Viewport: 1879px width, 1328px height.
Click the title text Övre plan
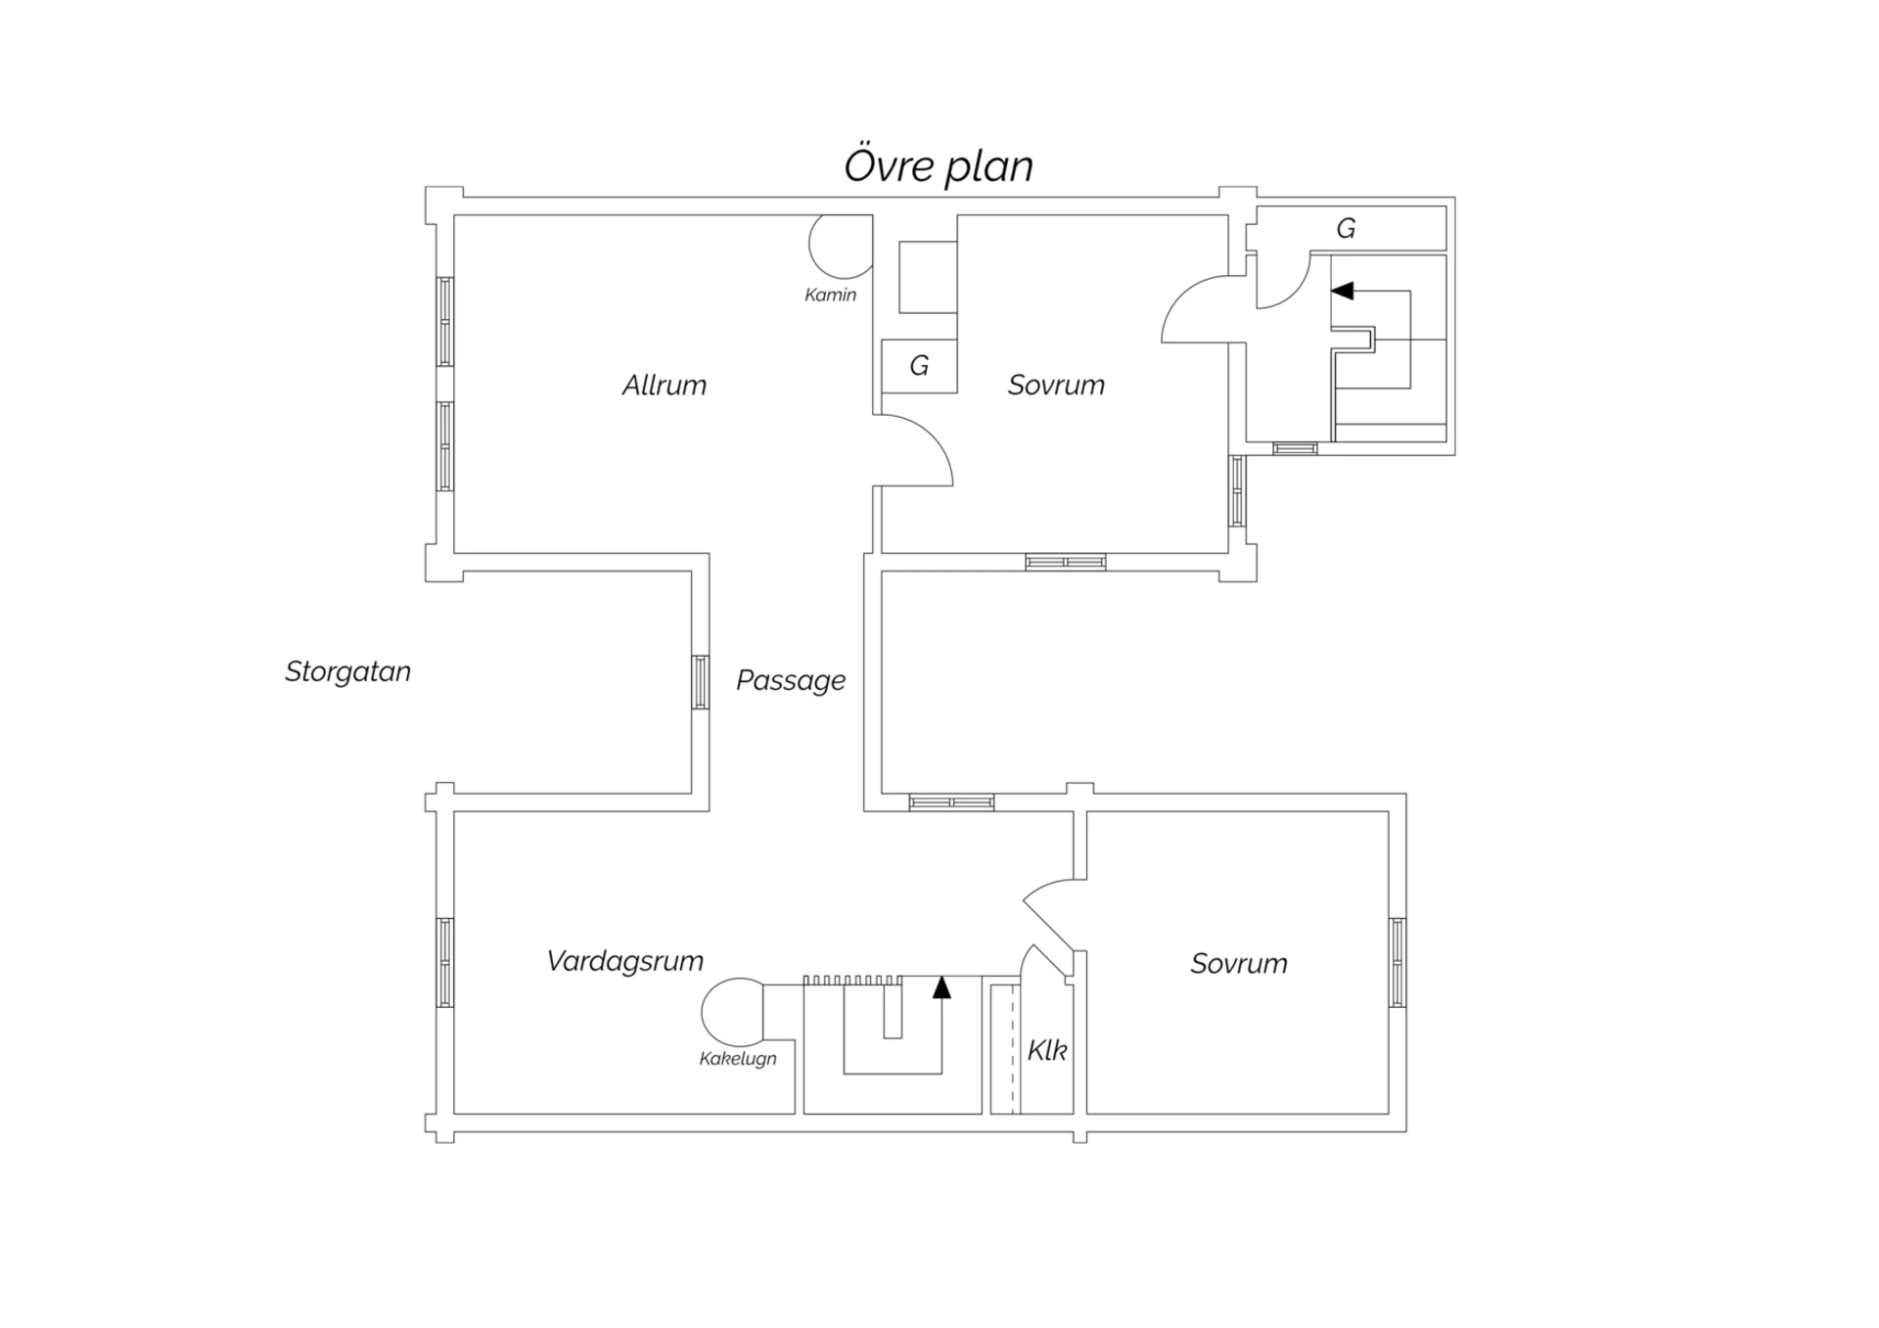939,166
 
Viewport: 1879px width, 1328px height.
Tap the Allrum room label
665,385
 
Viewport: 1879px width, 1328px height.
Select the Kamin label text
830,295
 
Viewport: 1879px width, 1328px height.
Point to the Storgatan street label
347,671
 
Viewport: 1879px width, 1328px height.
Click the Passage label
791,680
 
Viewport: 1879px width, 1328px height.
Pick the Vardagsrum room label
624,961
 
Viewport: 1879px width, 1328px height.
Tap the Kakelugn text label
738,1059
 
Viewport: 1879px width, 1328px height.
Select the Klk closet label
1046,1050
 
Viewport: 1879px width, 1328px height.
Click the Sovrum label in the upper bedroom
1056,385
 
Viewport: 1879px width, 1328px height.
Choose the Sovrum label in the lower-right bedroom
1239,963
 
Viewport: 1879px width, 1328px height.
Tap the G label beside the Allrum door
919,365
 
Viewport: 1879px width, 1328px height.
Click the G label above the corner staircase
1346,228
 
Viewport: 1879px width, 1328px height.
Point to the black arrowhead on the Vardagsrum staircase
941,986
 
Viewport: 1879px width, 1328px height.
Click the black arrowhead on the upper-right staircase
1342,291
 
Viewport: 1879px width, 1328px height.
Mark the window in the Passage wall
701,681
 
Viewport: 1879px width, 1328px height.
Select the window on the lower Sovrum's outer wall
1398,962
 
